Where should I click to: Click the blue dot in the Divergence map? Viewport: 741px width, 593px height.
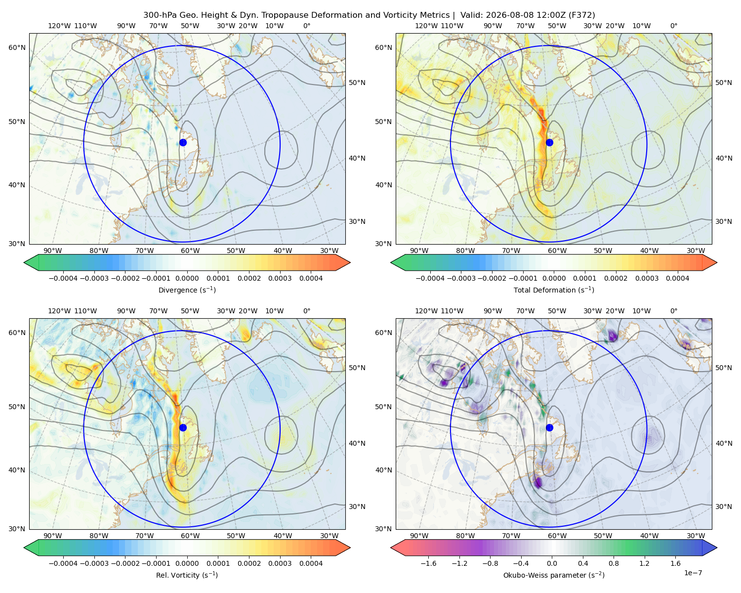point(183,142)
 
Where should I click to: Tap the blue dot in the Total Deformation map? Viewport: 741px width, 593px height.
point(549,142)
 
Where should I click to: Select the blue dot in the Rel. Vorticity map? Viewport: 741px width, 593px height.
point(183,427)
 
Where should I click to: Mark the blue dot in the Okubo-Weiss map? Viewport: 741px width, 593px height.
point(549,427)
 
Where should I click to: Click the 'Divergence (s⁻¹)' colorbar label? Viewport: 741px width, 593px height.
point(187,290)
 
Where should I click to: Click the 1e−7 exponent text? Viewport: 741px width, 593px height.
point(693,573)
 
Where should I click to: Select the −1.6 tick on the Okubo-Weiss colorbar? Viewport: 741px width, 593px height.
point(428,563)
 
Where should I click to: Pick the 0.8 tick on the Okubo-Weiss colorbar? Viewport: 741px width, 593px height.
point(614,563)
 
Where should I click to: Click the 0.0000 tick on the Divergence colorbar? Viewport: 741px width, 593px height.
point(187,278)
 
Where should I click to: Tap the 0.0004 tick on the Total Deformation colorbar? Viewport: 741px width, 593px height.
point(678,278)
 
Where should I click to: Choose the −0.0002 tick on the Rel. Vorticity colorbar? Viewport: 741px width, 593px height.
point(125,563)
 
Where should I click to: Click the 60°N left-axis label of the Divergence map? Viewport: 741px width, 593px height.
point(17,47)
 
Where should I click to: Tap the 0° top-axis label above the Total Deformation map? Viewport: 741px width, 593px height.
point(673,26)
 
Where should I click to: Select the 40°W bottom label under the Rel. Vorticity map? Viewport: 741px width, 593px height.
point(283,536)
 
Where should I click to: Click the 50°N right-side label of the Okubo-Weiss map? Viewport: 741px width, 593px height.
point(723,368)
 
